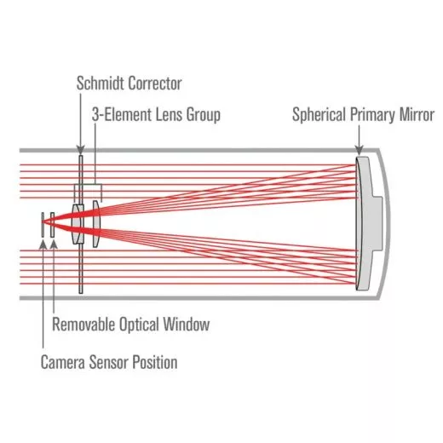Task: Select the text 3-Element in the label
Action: click(x=118, y=113)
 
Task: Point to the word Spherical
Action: click(x=319, y=113)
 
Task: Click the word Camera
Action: click(x=64, y=362)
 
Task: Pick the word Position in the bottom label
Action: click(x=155, y=362)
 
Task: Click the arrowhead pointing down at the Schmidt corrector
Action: click(x=80, y=151)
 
